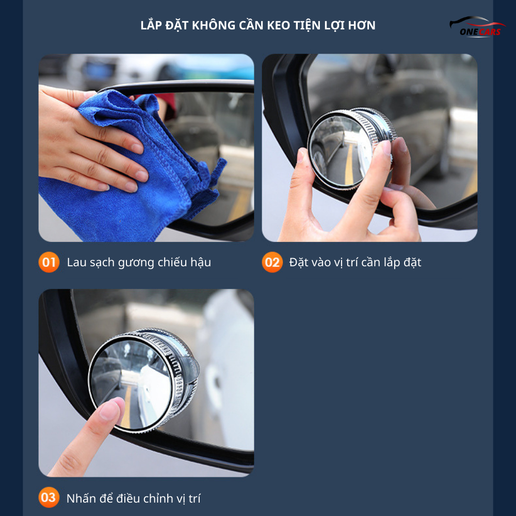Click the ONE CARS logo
click(x=477, y=27)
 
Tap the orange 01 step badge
click(x=49, y=262)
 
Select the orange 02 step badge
click(x=272, y=262)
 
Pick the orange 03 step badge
click(x=49, y=497)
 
